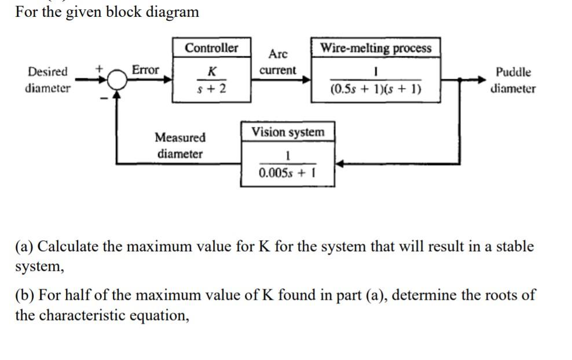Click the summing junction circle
(x=118, y=80)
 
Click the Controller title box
(x=211, y=48)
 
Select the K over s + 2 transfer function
(x=212, y=80)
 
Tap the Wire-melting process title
(x=376, y=48)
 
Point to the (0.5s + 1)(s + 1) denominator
(x=376, y=90)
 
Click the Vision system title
(x=288, y=132)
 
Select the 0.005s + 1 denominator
(x=287, y=172)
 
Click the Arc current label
(x=278, y=62)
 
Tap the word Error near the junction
(x=145, y=70)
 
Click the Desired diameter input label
(x=47, y=80)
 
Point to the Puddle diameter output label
(x=513, y=80)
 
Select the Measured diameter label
(x=180, y=146)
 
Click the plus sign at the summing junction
(x=100, y=68)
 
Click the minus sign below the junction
(x=104, y=98)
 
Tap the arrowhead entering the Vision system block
(x=339, y=164)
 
